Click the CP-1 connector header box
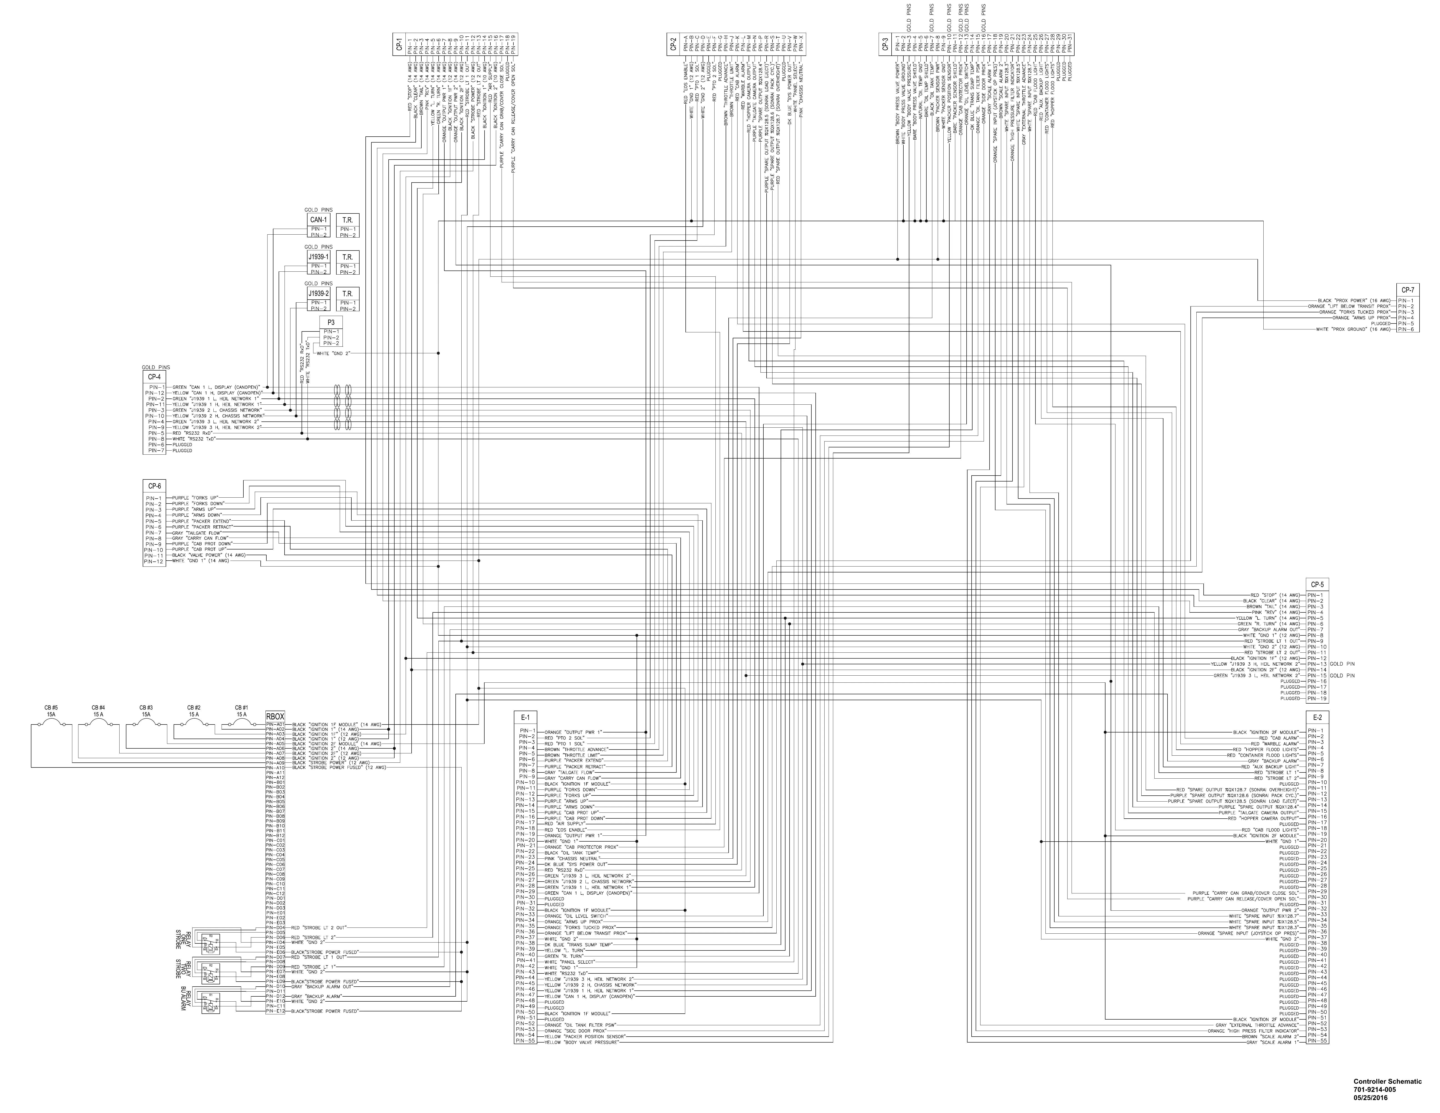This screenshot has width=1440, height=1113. click(x=400, y=44)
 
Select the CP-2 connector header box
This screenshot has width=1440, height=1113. click(x=673, y=44)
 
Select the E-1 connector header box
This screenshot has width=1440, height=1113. click(x=525, y=717)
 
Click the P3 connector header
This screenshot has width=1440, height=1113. click(x=331, y=322)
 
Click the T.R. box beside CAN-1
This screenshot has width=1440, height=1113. click(x=347, y=220)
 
